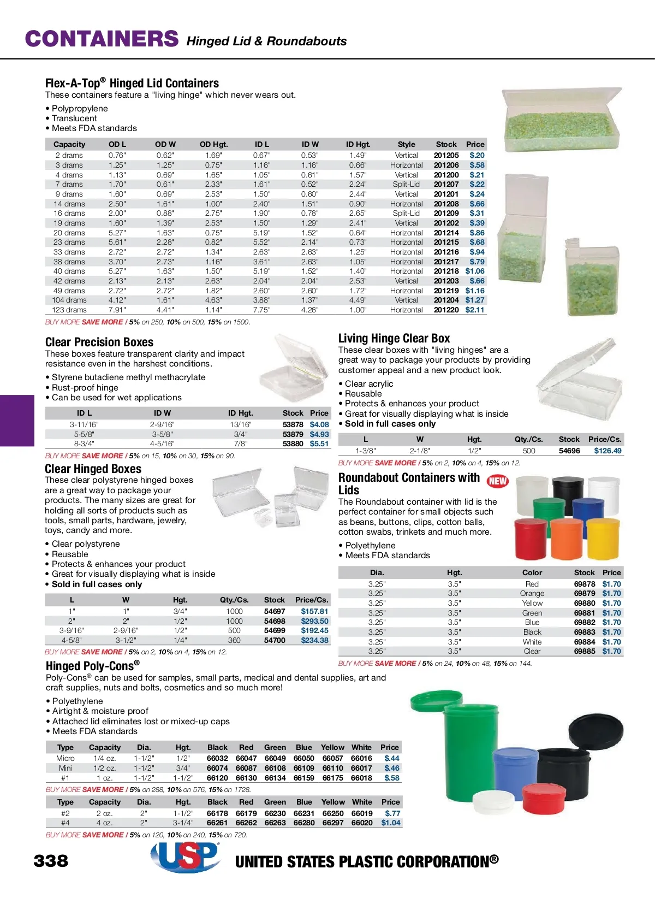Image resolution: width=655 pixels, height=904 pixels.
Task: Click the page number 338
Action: pyautogui.click(x=51, y=861)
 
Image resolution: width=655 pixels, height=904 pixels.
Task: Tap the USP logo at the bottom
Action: pyautogui.click(x=185, y=856)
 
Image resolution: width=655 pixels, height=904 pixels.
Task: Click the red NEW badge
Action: pyautogui.click(x=497, y=481)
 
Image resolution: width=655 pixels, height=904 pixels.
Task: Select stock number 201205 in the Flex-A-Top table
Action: pyautogui.click(x=446, y=155)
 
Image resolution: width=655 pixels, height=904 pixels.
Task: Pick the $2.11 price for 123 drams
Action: pyautogui.click(x=474, y=310)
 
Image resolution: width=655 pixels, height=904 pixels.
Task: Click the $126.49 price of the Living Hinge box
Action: pyautogui.click(x=608, y=451)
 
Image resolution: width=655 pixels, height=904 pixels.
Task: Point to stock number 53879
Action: pyautogui.click(x=293, y=434)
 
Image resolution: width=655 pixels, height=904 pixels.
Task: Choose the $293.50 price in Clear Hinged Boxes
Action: pyautogui.click(x=314, y=621)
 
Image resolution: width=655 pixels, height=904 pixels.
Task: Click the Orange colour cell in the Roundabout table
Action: pyautogui.click(x=532, y=593)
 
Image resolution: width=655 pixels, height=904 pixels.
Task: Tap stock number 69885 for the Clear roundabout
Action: pyautogui.click(x=584, y=651)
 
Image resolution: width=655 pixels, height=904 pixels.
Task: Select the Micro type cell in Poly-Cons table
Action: pyautogui.click(x=65, y=758)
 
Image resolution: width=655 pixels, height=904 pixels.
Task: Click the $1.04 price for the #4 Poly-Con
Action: pyautogui.click(x=391, y=823)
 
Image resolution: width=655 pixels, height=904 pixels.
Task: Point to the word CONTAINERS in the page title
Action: pyautogui.click(x=102, y=39)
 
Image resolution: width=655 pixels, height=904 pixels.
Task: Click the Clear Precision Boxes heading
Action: pyautogui.click(x=99, y=342)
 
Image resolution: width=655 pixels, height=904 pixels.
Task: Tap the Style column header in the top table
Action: pyautogui.click(x=406, y=144)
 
